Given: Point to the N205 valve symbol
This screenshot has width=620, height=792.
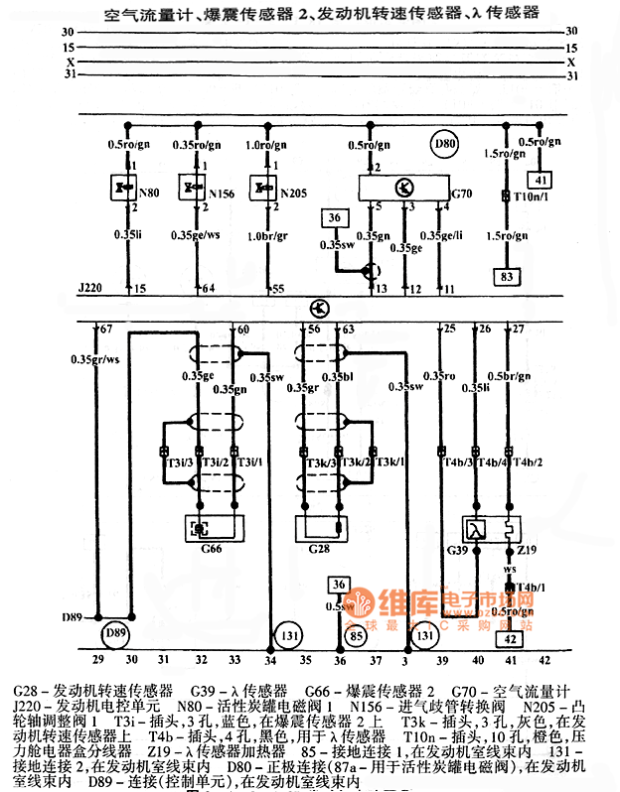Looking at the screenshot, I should pyautogui.click(x=262, y=186).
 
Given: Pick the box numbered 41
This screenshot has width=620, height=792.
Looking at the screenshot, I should pyautogui.click(x=538, y=179).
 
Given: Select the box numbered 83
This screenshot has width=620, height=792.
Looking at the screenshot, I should pyautogui.click(x=508, y=275).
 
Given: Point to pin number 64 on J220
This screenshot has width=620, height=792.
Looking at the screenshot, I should pyautogui.click(x=207, y=289).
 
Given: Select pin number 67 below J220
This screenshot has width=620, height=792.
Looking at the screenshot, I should pyautogui.click(x=106, y=329).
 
